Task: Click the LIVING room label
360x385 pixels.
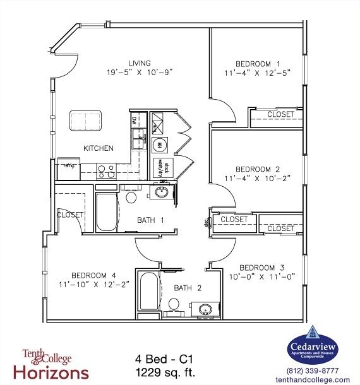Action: (x=140, y=63)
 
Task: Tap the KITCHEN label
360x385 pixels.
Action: (x=99, y=148)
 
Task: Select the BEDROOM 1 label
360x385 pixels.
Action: (x=258, y=64)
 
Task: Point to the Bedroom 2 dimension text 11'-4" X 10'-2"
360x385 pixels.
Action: (x=258, y=179)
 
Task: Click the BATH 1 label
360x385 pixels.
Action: (x=151, y=220)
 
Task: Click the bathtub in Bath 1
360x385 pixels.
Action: (x=106, y=213)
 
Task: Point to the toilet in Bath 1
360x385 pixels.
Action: (x=132, y=197)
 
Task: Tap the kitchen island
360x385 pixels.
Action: (x=86, y=120)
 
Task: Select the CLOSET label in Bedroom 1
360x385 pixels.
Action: (x=280, y=114)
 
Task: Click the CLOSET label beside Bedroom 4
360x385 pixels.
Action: (x=69, y=215)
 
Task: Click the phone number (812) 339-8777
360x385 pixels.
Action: (x=313, y=370)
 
